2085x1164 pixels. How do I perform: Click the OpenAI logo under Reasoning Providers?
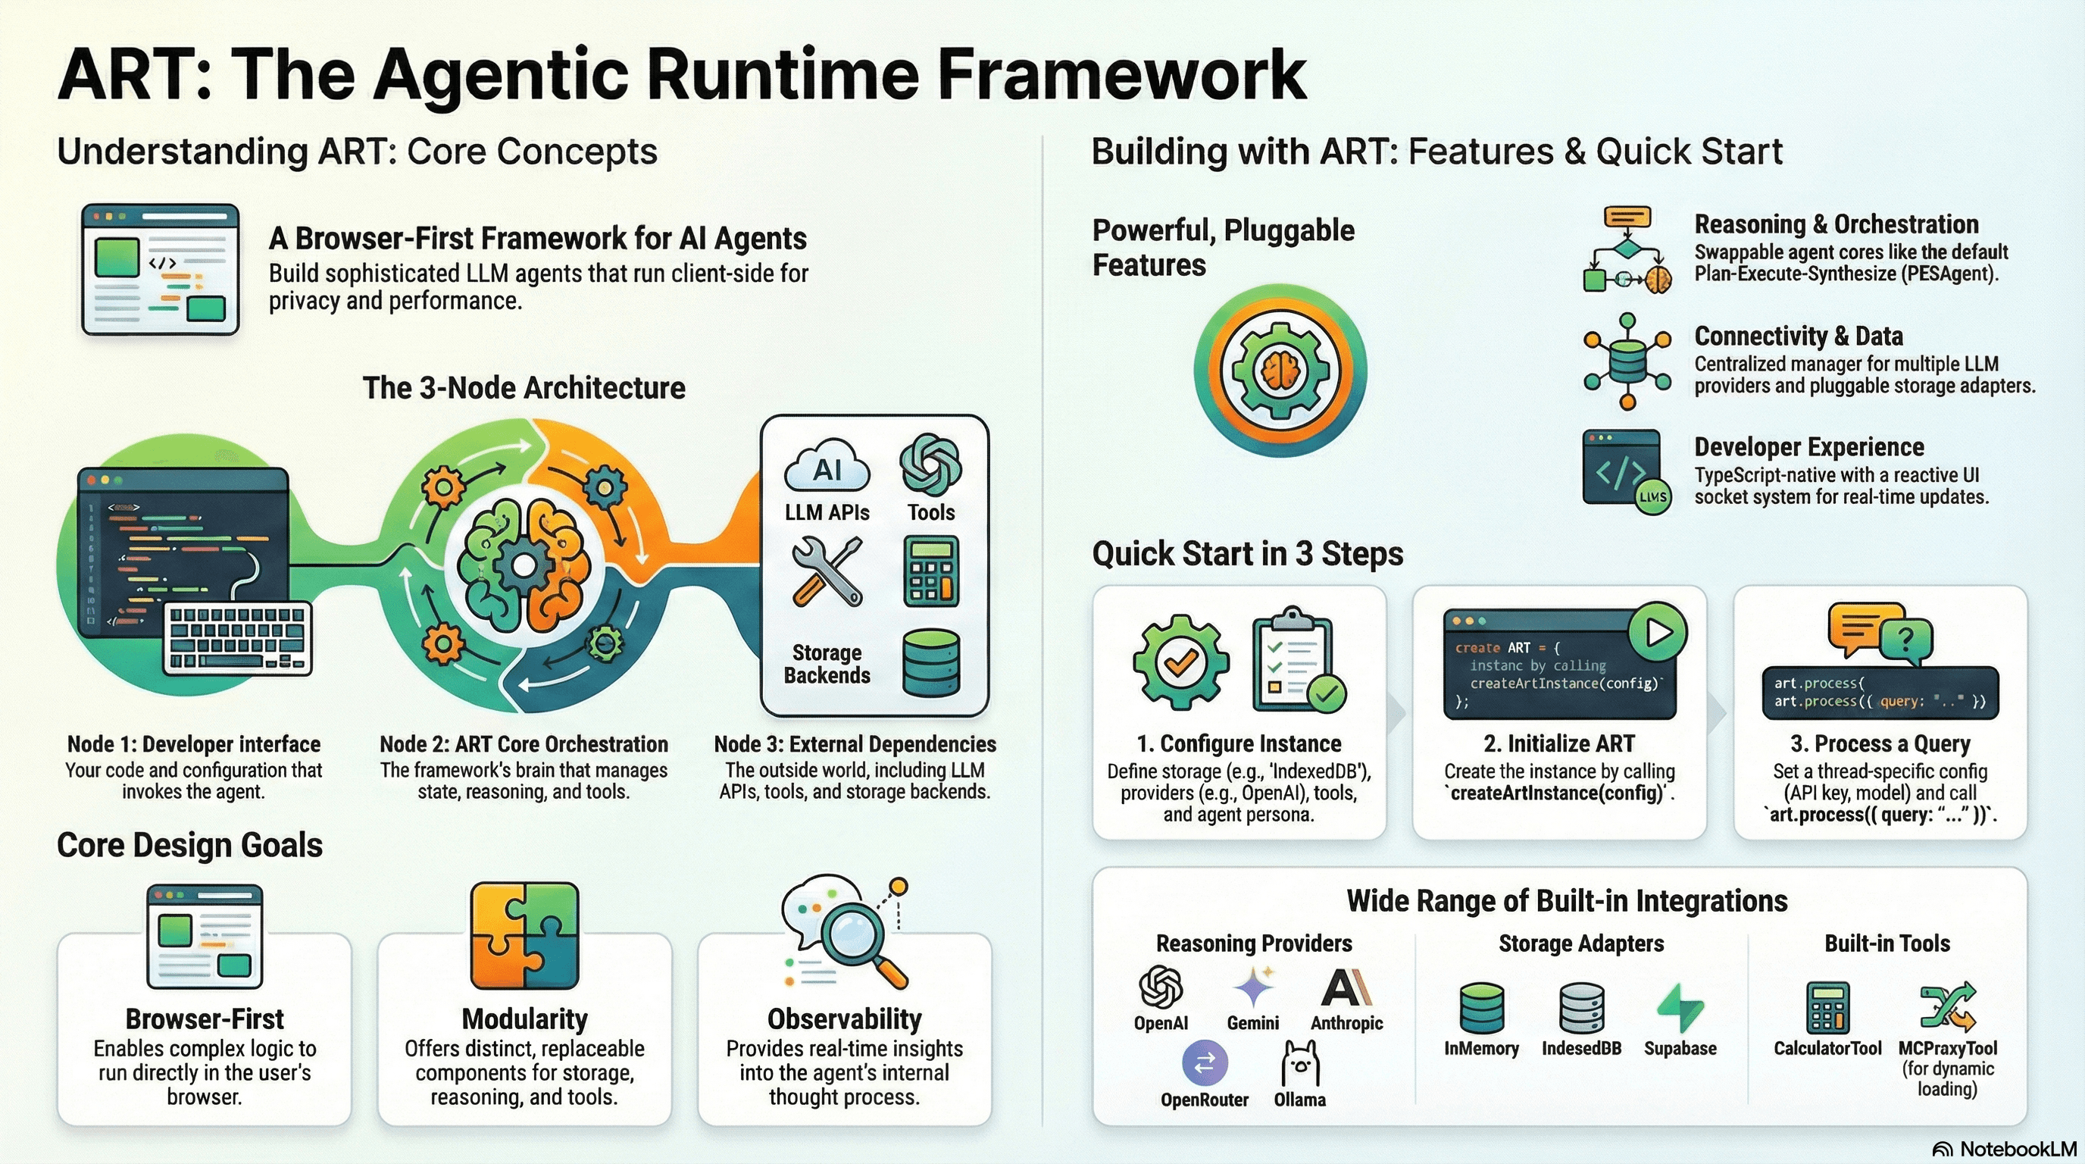[1161, 987]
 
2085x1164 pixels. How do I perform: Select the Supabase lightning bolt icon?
[1680, 1008]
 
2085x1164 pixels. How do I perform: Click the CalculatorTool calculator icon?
[1827, 1008]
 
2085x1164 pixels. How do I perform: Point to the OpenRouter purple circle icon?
[1205, 1062]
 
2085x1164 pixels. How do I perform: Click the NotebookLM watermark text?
[2018, 1149]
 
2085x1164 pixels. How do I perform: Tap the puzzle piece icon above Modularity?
[524, 936]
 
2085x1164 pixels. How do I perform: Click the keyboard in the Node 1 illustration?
[238, 638]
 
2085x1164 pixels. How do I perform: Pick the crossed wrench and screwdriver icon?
[827, 572]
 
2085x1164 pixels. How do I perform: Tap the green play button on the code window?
[1657, 632]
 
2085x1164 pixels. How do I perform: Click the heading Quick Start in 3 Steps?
[1247, 554]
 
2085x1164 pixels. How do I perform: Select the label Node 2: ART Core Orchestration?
[524, 744]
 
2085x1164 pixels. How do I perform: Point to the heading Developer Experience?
[1809, 447]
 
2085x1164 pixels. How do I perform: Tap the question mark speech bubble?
[1906, 640]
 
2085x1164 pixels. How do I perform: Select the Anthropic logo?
[1346, 987]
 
